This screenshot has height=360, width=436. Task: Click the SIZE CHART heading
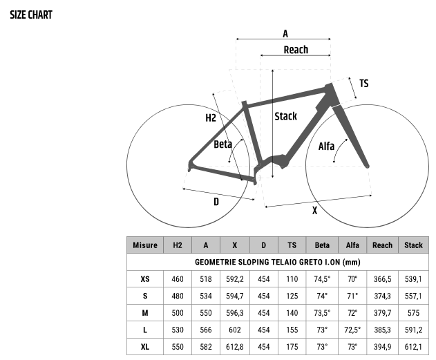(x=31, y=15)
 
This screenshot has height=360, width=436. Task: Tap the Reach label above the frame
(x=296, y=50)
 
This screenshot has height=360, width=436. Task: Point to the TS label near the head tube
(x=364, y=84)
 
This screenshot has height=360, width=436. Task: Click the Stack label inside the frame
(x=285, y=116)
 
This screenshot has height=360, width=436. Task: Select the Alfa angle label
(x=326, y=146)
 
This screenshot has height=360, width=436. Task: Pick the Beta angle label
(x=222, y=144)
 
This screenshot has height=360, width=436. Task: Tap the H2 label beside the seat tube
(x=211, y=118)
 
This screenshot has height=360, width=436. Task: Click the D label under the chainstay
(x=216, y=202)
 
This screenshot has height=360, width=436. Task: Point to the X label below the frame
(x=314, y=211)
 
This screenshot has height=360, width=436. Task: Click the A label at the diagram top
(x=285, y=34)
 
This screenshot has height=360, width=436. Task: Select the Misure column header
(x=145, y=245)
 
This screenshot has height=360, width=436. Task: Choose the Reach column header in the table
(x=382, y=245)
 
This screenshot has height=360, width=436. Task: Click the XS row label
(x=145, y=279)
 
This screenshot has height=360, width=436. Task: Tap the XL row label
(x=145, y=347)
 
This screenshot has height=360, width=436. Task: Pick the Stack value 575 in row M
(x=413, y=313)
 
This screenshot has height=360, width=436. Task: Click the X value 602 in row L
(x=235, y=330)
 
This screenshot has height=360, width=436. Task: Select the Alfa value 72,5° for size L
(x=352, y=330)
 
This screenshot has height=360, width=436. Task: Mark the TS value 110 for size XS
(x=292, y=279)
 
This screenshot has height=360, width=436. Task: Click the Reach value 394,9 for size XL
(x=382, y=347)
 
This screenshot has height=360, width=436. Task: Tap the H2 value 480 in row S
(x=178, y=296)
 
